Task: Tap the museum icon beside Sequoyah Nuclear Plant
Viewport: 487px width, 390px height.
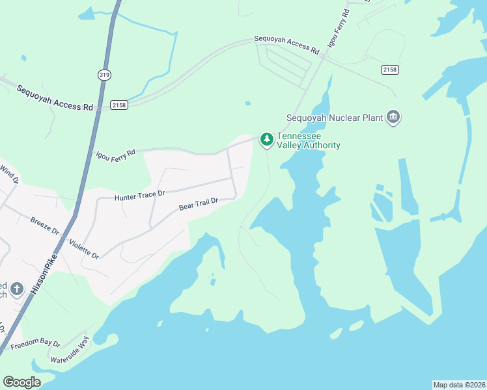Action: click(393, 117)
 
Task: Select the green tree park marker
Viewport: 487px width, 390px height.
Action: click(266, 139)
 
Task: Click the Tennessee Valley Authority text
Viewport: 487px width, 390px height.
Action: click(309, 141)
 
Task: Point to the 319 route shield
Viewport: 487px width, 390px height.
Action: click(104, 75)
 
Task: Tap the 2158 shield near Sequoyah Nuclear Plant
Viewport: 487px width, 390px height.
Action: click(389, 70)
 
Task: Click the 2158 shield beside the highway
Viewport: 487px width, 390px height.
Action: click(118, 105)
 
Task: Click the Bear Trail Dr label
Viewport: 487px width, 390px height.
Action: click(197, 205)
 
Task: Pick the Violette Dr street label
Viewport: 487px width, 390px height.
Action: click(85, 247)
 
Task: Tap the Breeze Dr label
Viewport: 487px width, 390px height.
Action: click(45, 226)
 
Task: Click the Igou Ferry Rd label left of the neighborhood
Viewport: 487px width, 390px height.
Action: click(115, 155)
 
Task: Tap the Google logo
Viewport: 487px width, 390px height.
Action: click(22, 382)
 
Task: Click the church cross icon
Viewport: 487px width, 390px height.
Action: click(17, 288)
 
